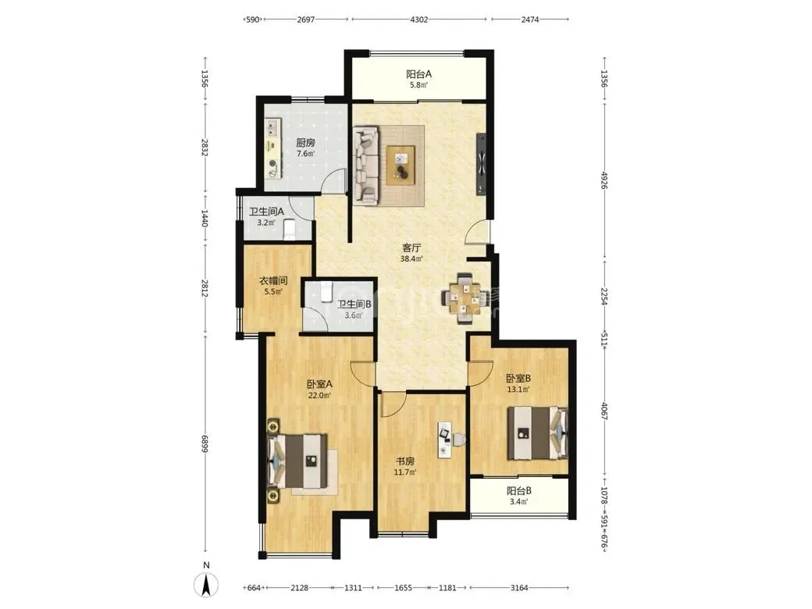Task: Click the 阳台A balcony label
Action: pyautogui.click(x=418, y=74)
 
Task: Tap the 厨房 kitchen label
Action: pyautogui.click(x=305, y=143)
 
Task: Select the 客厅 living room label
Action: pyautogui.click(x=411, y=248)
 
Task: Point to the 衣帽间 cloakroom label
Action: pyautogui.click(x=273, y=281)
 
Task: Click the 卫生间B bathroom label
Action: pyautogui.click(x=354, y=304)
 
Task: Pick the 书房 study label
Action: pyautogui.click(x=405, y=461)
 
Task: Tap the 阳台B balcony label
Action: pyautogui.click(x=518, y=490)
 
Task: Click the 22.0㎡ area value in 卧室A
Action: pyautogui.click(x=319, y=395)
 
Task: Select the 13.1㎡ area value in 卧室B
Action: pyautogui.click(x=518, y=390)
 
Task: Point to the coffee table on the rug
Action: pyautogui.click(x=401, y=165)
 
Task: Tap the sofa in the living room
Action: pyautogui.click(x=367, y=164)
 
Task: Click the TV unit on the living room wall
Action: pyautogui.click(x=482, y=164)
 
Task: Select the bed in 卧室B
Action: pyautogui.click(x=538, y=433)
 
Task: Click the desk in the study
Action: pyautogui.click(x=444, y=440)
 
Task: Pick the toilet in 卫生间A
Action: pyautogui.click(x=290, y=230)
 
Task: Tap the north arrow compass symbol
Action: pyautogui.click(x=205, y=586)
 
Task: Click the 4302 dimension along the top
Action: pyautogui.click(x=419, y=20)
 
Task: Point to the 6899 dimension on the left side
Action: pyautogui.click(x=205, y=443)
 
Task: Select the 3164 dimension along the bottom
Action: pyautogui.click(x=519, y=588)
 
